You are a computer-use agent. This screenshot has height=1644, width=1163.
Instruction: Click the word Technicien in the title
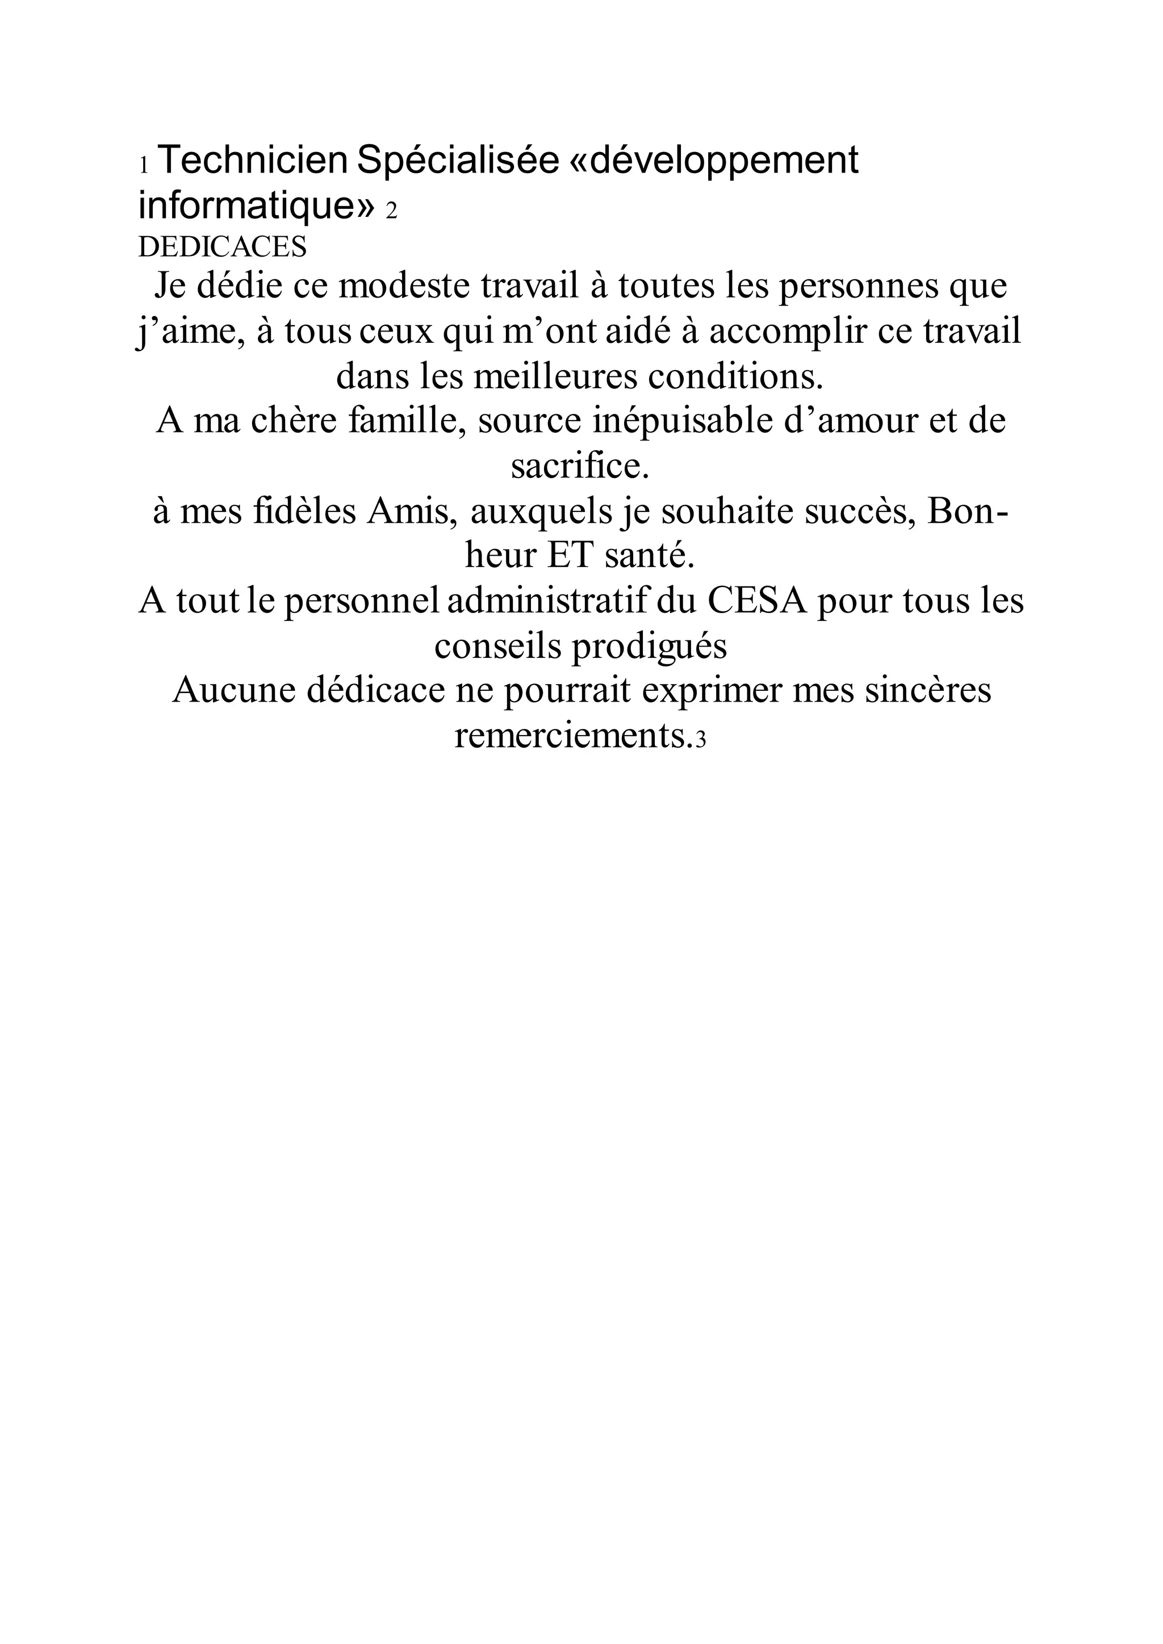(252, 161)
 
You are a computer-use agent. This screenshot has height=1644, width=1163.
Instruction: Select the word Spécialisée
(458, 161)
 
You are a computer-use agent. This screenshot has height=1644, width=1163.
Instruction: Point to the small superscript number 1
(143, 166)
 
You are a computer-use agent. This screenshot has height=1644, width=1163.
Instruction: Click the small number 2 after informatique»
(391, 212)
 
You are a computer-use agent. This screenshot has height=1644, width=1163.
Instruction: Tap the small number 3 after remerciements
(701, 740)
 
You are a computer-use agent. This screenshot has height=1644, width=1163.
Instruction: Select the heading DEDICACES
(222, 247)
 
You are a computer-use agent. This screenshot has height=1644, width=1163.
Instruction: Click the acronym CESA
(757, 602)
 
